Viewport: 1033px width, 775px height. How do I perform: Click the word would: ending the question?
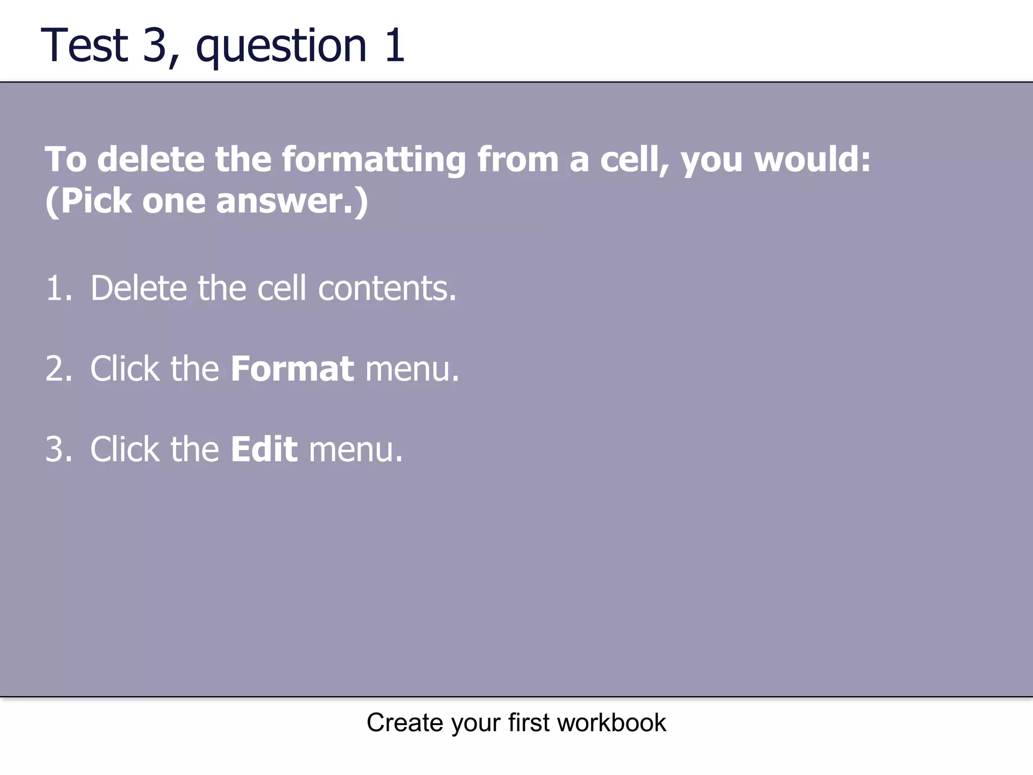pos(813,159)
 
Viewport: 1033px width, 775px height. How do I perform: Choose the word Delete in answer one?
pos(139,289)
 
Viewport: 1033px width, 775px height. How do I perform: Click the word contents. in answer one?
pos(387,289)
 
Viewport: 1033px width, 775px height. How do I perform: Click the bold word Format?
pos(292,369)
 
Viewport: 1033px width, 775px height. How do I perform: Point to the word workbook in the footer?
pos(611,723)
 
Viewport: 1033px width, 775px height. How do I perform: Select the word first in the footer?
pos(529,723)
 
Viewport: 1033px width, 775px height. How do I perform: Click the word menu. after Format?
pos(412,369)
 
